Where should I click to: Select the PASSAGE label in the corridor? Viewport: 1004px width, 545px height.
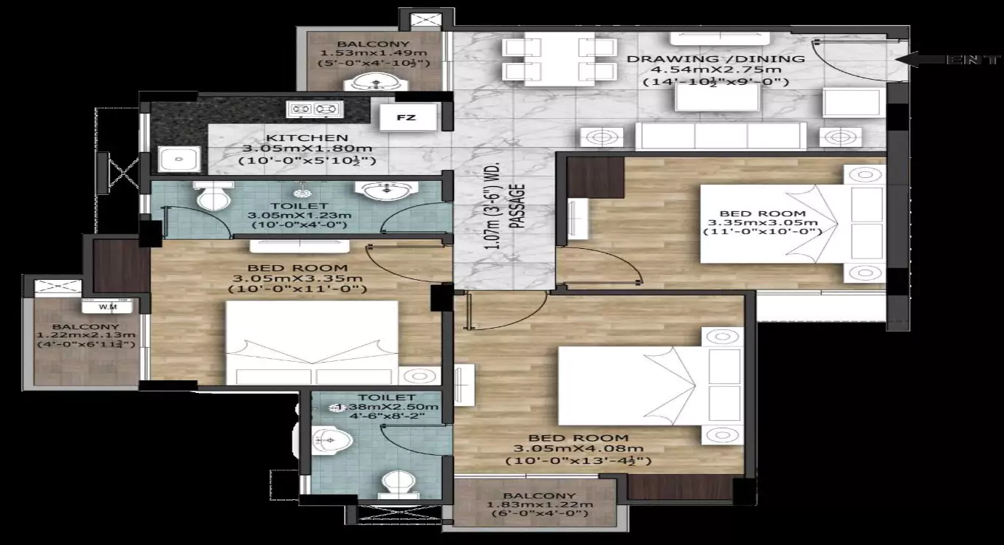tap(520, 205)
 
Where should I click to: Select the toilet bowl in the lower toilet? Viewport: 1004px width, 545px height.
tap(396, 484)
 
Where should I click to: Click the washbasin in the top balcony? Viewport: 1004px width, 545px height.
tap(370, 83)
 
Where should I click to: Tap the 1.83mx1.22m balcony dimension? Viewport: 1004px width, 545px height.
tap(540, 505)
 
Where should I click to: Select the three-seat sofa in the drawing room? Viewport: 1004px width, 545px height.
tap(721, 137)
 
